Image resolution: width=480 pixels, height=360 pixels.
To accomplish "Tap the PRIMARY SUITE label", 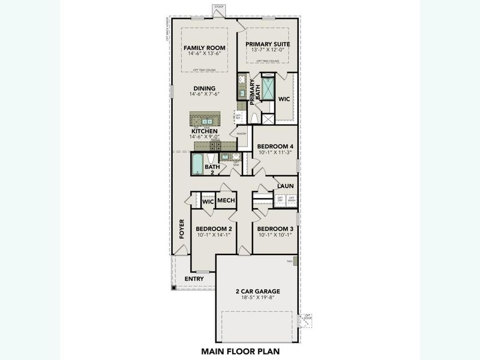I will click(x=268, y=44).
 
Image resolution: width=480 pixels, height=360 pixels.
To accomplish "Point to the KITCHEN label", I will click(x=204, y=131).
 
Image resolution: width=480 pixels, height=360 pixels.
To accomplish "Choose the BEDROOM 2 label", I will click(x=214, y=229).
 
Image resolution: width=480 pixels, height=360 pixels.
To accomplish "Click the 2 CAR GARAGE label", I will click(x=257, y=292).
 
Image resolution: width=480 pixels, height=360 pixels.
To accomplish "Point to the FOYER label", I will click(x=182, y=229).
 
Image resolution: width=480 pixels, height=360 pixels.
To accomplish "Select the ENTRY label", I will click(x=194, y=279).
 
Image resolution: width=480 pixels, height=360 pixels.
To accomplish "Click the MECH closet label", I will click(x=226, y=201).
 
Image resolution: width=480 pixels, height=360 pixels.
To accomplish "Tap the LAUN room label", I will click(x=285, y=187).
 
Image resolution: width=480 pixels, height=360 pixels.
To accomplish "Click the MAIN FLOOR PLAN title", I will click(x=240, y=351).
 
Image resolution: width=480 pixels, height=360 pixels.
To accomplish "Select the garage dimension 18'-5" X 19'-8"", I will click(x=257, y=299).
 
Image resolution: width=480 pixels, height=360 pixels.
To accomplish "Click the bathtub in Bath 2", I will click(x=197, y=162).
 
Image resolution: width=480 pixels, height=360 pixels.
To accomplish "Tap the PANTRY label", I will click(x=242, y=134).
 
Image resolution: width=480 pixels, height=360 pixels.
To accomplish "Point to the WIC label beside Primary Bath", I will click(x=284, y=99).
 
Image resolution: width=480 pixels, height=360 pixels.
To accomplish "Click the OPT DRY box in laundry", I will click(x=280, y=199).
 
